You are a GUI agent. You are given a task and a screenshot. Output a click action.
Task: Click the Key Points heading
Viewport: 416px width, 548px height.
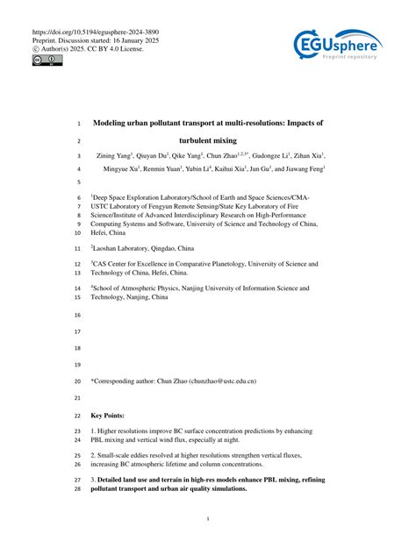coord(107,415)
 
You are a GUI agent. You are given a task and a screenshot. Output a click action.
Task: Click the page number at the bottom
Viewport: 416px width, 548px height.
coord(207,519)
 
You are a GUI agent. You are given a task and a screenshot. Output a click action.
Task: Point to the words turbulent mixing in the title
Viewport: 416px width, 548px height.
coord(207,139)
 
